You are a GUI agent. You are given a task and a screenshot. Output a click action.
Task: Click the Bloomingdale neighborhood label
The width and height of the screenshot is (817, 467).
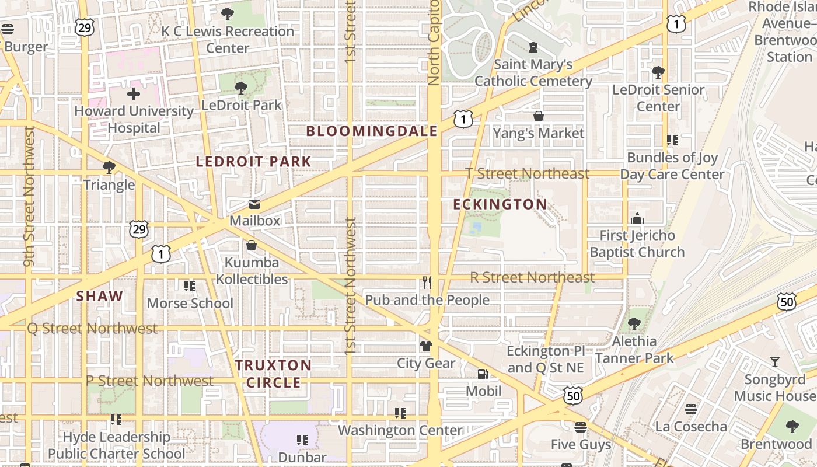pos(372,131)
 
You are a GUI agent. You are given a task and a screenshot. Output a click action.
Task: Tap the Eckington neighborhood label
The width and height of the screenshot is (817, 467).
pos(500,204)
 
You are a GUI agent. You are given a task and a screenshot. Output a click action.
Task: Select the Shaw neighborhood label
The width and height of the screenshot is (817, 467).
pos(100,296)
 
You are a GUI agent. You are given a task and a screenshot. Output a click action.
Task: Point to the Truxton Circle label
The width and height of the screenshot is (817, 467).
pos(273,374)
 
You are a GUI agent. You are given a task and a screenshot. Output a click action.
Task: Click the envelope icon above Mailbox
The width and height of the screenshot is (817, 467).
pos(254,204)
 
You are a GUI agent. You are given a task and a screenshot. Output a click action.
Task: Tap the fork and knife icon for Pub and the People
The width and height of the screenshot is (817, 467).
pos(427,283)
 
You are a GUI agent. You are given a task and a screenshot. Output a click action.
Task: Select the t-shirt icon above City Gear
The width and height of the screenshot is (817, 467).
pos(426,346)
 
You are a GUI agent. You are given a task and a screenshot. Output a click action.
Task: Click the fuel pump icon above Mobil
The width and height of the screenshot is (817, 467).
pos(483,374)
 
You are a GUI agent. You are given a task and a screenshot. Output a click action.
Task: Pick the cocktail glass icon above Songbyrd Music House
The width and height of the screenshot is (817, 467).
pos(774,362)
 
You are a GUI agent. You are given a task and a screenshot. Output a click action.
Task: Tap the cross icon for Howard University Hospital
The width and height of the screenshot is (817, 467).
pos(134,94)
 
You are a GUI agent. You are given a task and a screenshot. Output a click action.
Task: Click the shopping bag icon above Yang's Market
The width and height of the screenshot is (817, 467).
pos(539,117)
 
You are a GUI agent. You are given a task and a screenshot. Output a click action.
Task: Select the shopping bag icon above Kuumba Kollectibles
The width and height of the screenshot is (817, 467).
pos(252,245)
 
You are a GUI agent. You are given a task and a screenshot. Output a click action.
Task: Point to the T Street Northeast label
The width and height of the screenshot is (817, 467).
pos(528,173)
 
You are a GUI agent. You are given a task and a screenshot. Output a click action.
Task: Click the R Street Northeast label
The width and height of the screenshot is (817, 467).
pos(532,277)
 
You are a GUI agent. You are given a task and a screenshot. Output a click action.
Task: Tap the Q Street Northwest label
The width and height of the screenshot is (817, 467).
pos(92,329)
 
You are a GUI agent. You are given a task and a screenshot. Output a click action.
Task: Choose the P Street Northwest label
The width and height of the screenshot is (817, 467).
pos(149,381)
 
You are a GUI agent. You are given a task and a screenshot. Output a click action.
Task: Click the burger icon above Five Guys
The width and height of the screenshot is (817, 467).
pos(580,428)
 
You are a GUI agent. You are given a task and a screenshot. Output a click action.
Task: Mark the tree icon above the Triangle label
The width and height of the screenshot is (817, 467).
pos(109,168)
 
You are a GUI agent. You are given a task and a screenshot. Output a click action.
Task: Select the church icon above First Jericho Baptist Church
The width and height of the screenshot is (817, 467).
pos(637,218)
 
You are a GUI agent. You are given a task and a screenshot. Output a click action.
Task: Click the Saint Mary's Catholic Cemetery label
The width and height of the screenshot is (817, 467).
pos(533,72)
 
